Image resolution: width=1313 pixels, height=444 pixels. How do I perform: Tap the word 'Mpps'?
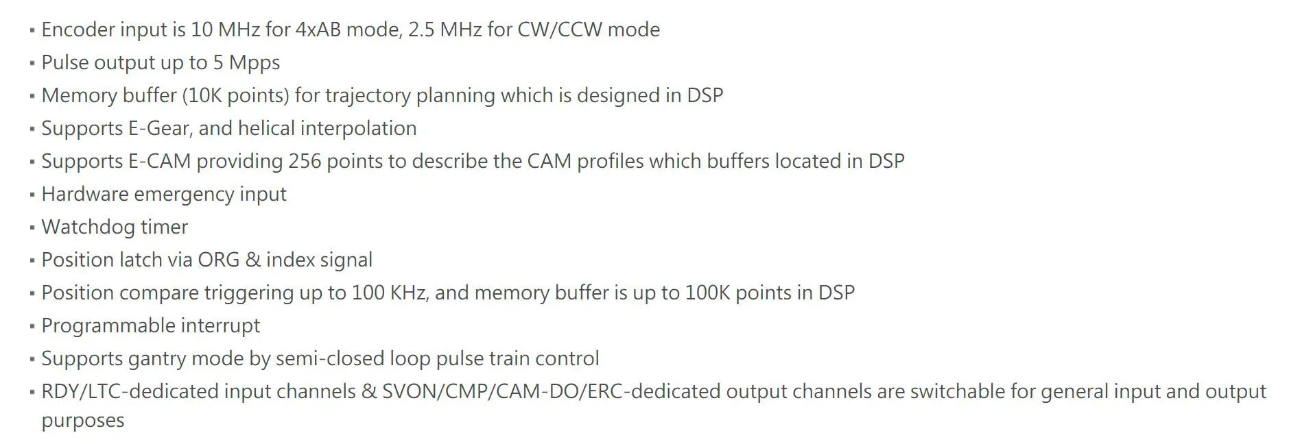click(x=255, y=62)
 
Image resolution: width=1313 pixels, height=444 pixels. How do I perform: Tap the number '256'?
click(x=305, y=161)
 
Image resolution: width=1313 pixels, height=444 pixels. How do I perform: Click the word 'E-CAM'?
click(x=159, y=161)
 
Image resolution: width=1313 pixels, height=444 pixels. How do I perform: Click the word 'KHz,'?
click(x=410, y=293)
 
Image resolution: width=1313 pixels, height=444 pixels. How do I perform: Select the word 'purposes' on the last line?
click(x=83, y=420)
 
